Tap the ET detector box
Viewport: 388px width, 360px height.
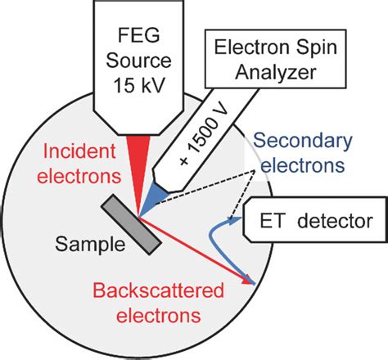pos(310,222)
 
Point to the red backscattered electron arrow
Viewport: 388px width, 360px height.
pos(196,250)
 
